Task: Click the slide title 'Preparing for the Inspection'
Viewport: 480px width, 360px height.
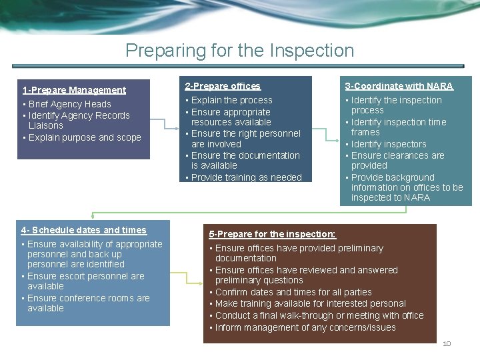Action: coord(239,51)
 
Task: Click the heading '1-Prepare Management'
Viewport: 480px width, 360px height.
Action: coord(74,90)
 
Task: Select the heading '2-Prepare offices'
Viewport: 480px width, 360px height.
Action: coord(223,86)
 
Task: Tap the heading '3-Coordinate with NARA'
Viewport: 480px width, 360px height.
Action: coord(399,86)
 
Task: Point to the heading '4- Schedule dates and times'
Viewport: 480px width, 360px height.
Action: coord(84,230)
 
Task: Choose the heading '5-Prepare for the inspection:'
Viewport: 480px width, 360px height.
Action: coord(273,234)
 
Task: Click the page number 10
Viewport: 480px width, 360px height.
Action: coord(447,343)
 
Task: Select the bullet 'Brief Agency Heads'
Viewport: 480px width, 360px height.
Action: coord(69,104)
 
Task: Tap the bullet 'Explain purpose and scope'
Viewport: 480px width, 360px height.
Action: coord(84,137)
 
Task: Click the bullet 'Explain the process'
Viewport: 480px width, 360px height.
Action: coord(231,100)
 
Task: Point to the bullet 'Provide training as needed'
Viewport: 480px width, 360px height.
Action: coord(246,177)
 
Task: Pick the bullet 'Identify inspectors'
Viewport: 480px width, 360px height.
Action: coord(388,144)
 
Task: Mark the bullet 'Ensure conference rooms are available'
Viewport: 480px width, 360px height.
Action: coord(88,303)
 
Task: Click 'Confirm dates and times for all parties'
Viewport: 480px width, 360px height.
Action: coord(293,292)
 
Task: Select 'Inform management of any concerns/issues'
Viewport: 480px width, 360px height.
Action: coord(305,327)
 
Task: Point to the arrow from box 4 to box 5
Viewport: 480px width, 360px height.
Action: coord(186,273)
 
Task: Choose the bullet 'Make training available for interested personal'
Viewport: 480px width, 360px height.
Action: coord(310,303)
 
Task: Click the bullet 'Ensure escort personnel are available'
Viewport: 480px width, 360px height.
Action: coord(85,281)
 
